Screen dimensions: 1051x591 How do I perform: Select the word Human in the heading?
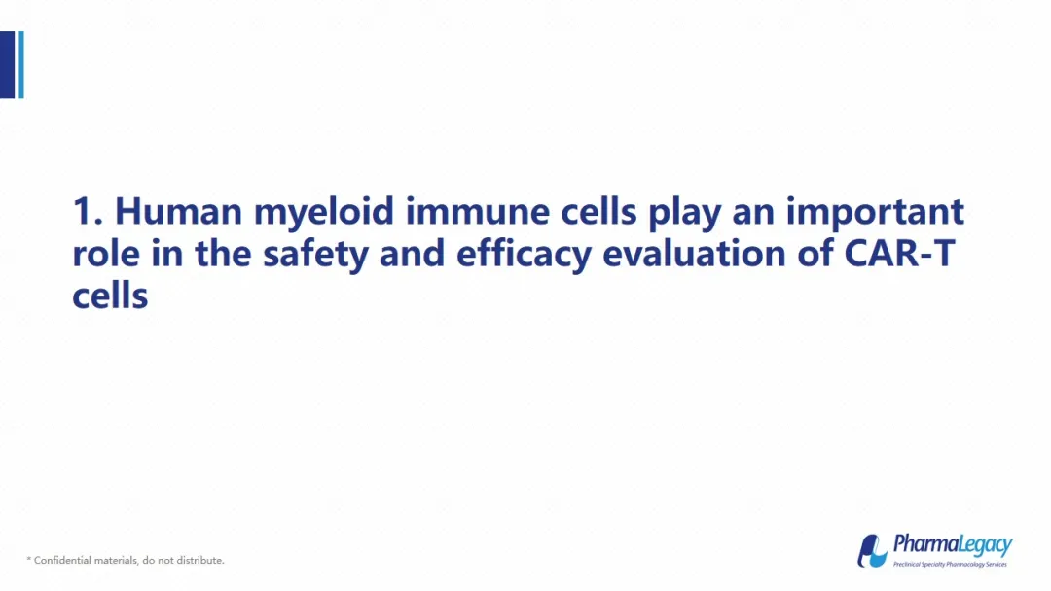click(x=178, y=211)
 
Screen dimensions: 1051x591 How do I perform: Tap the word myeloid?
click(x=324, y=214)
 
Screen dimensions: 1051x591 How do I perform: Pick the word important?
click(x=876, y=214)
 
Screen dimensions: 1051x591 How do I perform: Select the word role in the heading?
click(x=106, y=254)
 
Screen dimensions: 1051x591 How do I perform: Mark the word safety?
click(x=315, y=257)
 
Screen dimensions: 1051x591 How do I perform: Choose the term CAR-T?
click(x=899, y=254)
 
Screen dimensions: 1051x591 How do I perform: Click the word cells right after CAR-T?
click(x=110, y=295)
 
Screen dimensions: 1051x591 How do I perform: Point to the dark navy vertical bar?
click(x=8, y=65)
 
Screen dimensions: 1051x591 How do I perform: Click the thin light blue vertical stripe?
click(x=21, y=65)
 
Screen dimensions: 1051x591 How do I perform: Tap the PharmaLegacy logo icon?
click(x=872, y=551)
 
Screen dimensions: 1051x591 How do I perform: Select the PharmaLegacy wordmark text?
click(x=953, y=544)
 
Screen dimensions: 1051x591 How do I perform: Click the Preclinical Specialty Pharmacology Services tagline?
click(x=950, y=564)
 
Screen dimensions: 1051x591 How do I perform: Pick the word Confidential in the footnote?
click(x=62, y=560)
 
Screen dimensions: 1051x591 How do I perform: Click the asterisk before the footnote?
click(x=29, y=559)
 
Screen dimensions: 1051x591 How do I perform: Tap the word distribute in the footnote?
click(x=200, y=560)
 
